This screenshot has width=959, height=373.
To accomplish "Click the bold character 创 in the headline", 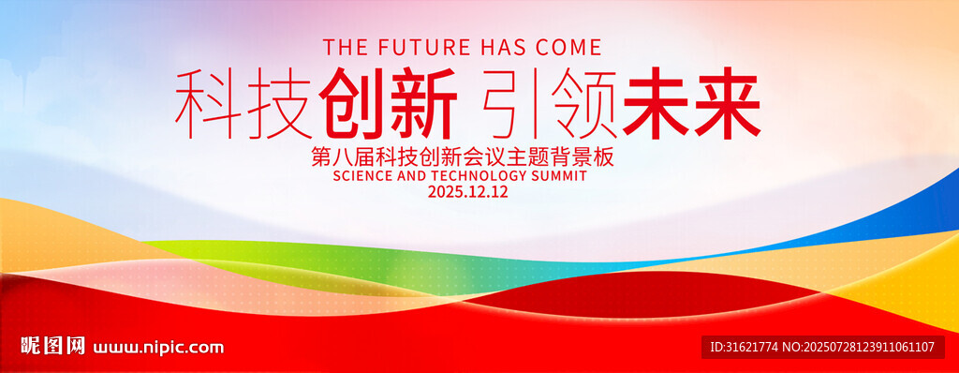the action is [352, 102].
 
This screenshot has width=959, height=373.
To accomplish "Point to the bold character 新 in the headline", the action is [423, 102].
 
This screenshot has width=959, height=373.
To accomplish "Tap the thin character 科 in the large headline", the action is [209, 103].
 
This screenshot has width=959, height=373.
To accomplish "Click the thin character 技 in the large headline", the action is [279, 103].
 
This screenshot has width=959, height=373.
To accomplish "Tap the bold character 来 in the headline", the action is [728, 102].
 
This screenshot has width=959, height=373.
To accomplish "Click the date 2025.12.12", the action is [468, 192].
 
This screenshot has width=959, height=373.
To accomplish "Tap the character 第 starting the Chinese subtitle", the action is [322, 157].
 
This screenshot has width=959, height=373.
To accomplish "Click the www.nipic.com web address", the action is [158, 348].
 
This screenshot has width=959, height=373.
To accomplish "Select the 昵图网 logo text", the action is [53, 346].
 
